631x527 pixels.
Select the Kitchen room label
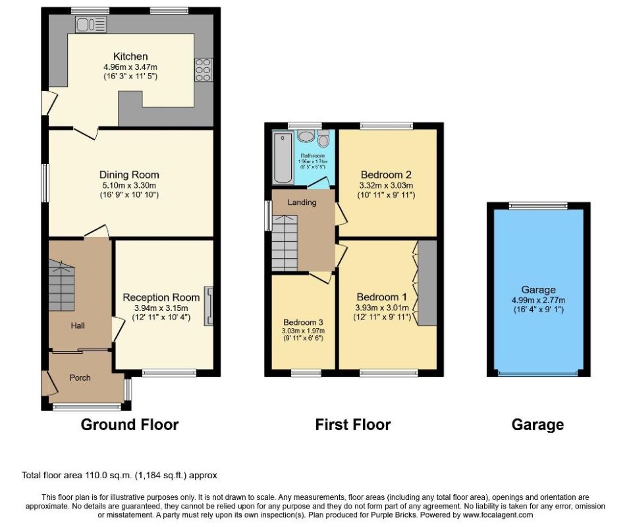pyautogui.click(x=130, y=57)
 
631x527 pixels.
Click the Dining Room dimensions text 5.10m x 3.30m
pyautogui.click(x=129, y=185)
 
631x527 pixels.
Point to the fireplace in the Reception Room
pyautogui.click(x=209, y=306)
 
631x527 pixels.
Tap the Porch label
pyautogui.click(x=80, y=377)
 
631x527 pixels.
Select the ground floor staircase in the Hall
pyautogui.click(x=63, y=283)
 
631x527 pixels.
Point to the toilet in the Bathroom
pyautogui.click(x=323, y=140)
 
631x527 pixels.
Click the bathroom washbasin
pyautogui.click(x=306, y=137)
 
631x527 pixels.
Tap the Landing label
pyautogui.click(x=303, y=202)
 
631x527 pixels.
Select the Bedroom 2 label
pyautogui.click(x=386, y=175)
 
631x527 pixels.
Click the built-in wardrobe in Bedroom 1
pyautogui.click(x=427, y=283)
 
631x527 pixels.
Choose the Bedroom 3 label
pyautogui.click(x=303, y=322)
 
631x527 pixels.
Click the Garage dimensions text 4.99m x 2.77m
pyautogui.click(x=538, y=300)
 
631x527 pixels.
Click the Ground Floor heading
pyautogui.click(x=129, y=425)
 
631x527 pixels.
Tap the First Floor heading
pyautogui.click(x=352, y=425)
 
